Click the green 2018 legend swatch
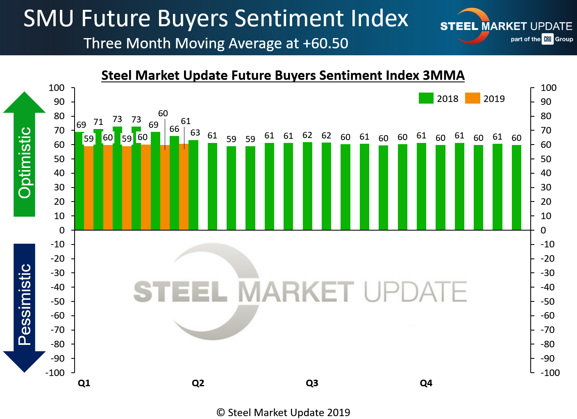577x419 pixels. (426, 98)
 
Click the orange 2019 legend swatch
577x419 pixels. (473, 98)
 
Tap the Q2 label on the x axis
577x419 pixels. (198, 383)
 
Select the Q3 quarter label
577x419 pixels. (312, 383)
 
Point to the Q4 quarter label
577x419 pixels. (426, 383)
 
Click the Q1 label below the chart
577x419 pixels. (84, 383)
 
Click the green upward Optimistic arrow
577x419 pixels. (25, 156)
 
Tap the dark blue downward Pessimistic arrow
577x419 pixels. (25, 307)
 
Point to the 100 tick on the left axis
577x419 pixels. (57, 88)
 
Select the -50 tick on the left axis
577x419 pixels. (57, 301)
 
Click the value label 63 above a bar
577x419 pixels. (195, 133)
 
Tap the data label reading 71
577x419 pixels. (98, 122)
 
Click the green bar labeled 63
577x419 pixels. (193, 184)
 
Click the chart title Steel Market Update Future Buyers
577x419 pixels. (283, 75)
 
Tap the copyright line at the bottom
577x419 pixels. (283, 412)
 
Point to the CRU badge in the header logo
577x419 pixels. (547, 39)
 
